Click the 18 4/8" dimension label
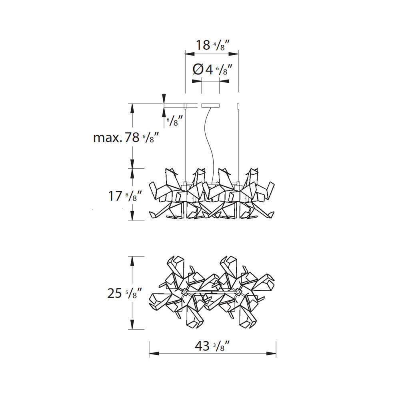[212, 46]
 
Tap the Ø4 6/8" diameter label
[212, 69]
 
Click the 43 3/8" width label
[212, 346]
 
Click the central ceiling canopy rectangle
[210, 105]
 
